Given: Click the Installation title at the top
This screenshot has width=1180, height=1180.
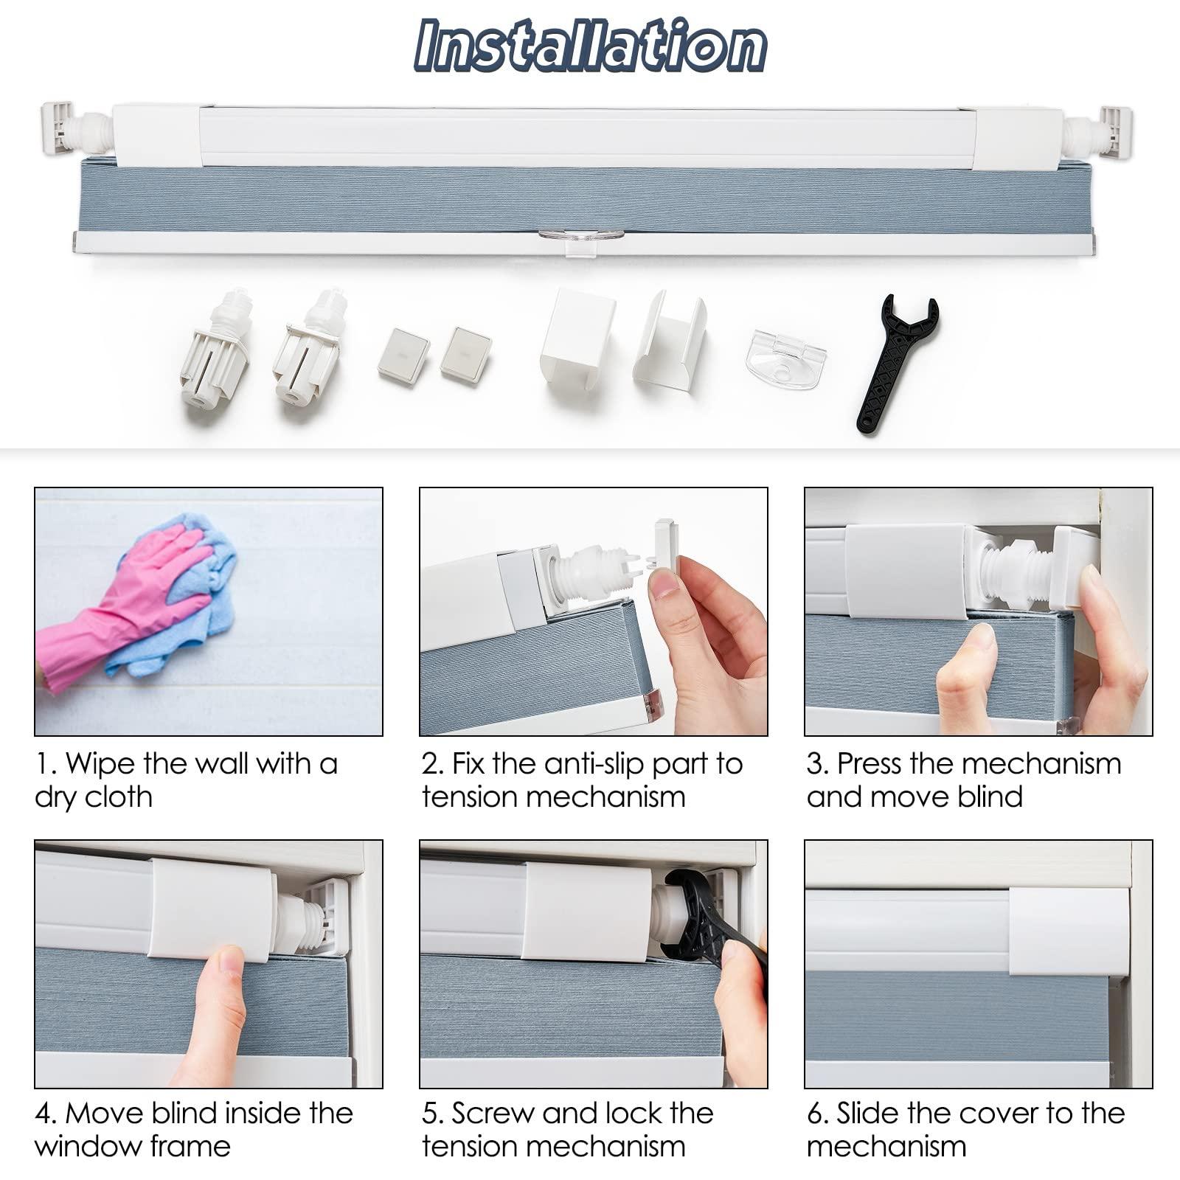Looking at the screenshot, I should point(590,46).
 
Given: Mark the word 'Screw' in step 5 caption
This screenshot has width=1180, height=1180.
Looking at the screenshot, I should point(490,1114).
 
